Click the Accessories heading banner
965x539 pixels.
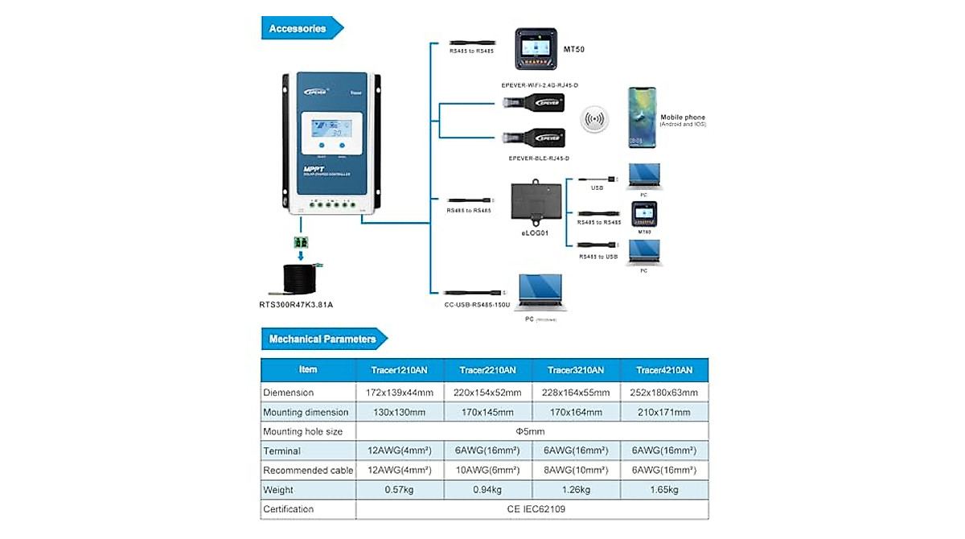point(298,29)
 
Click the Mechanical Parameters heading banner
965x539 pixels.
point(322,339)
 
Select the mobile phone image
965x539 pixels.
point(642,118)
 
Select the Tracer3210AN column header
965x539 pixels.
point(576,370)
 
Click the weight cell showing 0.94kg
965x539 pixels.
point(487,490)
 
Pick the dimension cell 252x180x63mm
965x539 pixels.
point(664,393)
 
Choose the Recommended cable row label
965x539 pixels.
point(308,471)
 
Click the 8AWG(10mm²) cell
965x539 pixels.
point(576,471)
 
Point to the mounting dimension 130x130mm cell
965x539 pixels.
point(400,412)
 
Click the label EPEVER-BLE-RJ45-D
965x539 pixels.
point(534,158)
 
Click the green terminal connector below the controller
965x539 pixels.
point(302,241)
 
